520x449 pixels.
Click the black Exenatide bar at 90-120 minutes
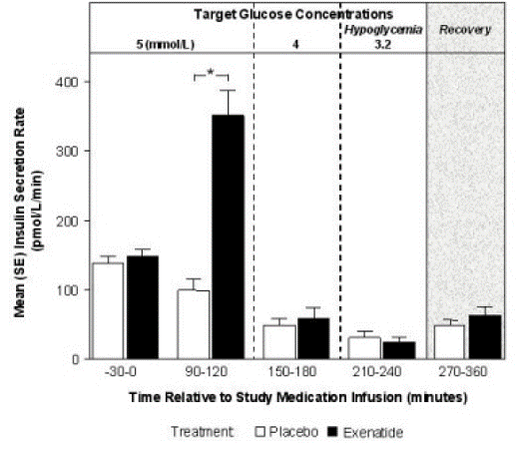(x=229, y=236)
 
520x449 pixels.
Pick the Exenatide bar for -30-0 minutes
(x=143, y=307)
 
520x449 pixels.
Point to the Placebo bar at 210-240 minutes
(x=365, y=347)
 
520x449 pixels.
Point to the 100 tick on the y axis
(x=68, y=289)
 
